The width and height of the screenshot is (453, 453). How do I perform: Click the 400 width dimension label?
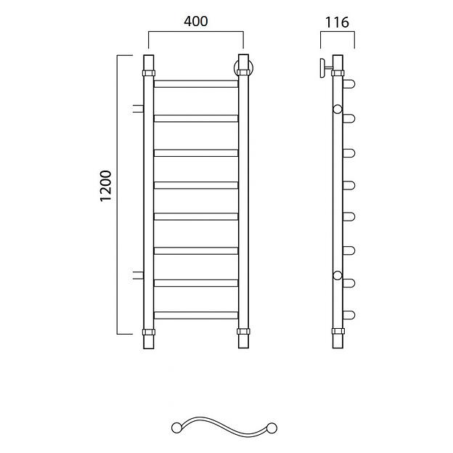195,21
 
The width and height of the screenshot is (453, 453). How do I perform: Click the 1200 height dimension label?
105,186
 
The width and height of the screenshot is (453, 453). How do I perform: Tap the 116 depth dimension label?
337,23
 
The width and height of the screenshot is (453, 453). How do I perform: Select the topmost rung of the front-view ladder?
196,83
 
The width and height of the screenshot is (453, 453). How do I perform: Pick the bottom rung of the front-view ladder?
196,315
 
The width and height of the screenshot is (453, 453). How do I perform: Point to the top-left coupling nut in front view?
149,73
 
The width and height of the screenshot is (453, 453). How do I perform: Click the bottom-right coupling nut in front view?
243,331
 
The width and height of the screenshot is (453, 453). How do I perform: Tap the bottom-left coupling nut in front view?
149,332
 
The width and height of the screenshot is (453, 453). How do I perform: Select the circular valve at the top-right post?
243,68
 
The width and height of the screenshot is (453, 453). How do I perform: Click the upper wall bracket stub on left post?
138,109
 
